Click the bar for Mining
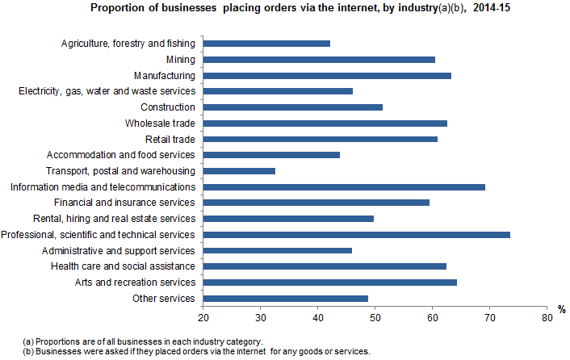[319, 59]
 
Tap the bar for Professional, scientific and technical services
[356, 234]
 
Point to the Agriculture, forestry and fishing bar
[266, 43]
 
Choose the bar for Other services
[285, 298]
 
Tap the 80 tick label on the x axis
[547, 317]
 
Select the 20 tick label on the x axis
[203, 317]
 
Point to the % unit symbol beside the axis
[562, 308]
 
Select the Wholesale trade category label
[160, 123]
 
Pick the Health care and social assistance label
[123, 266]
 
